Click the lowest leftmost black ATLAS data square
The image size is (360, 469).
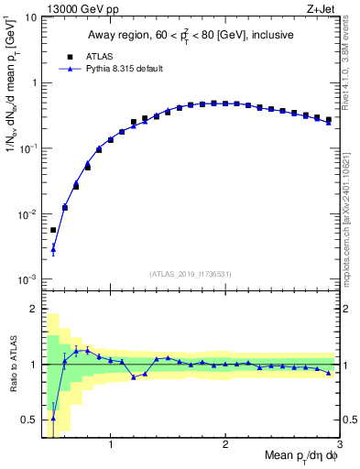(53, 230)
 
